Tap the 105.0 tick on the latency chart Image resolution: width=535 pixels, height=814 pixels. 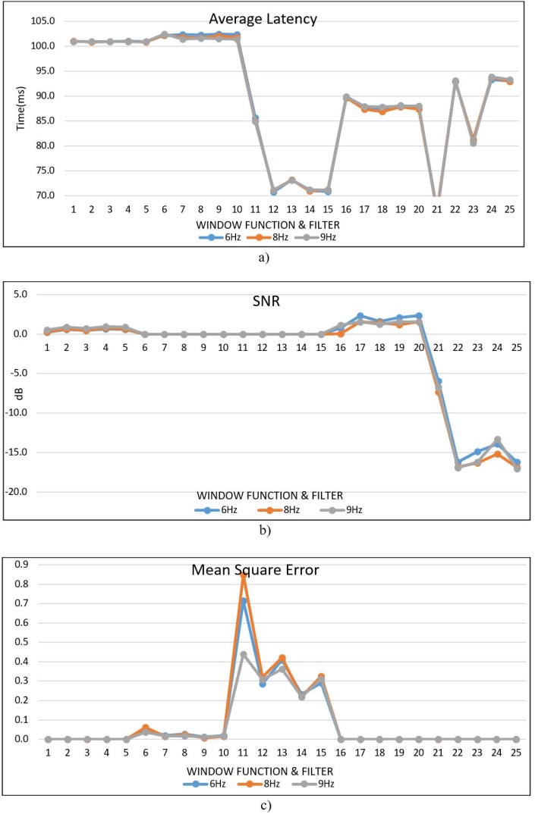tap(42, 21)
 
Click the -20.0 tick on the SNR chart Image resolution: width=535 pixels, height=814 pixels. tap(23, 492)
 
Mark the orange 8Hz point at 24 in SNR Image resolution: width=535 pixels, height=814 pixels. tap(497, 454)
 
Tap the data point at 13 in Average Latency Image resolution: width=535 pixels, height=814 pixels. tap(291, 180)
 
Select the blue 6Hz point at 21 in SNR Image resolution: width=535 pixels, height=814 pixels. tap(439, 381)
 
